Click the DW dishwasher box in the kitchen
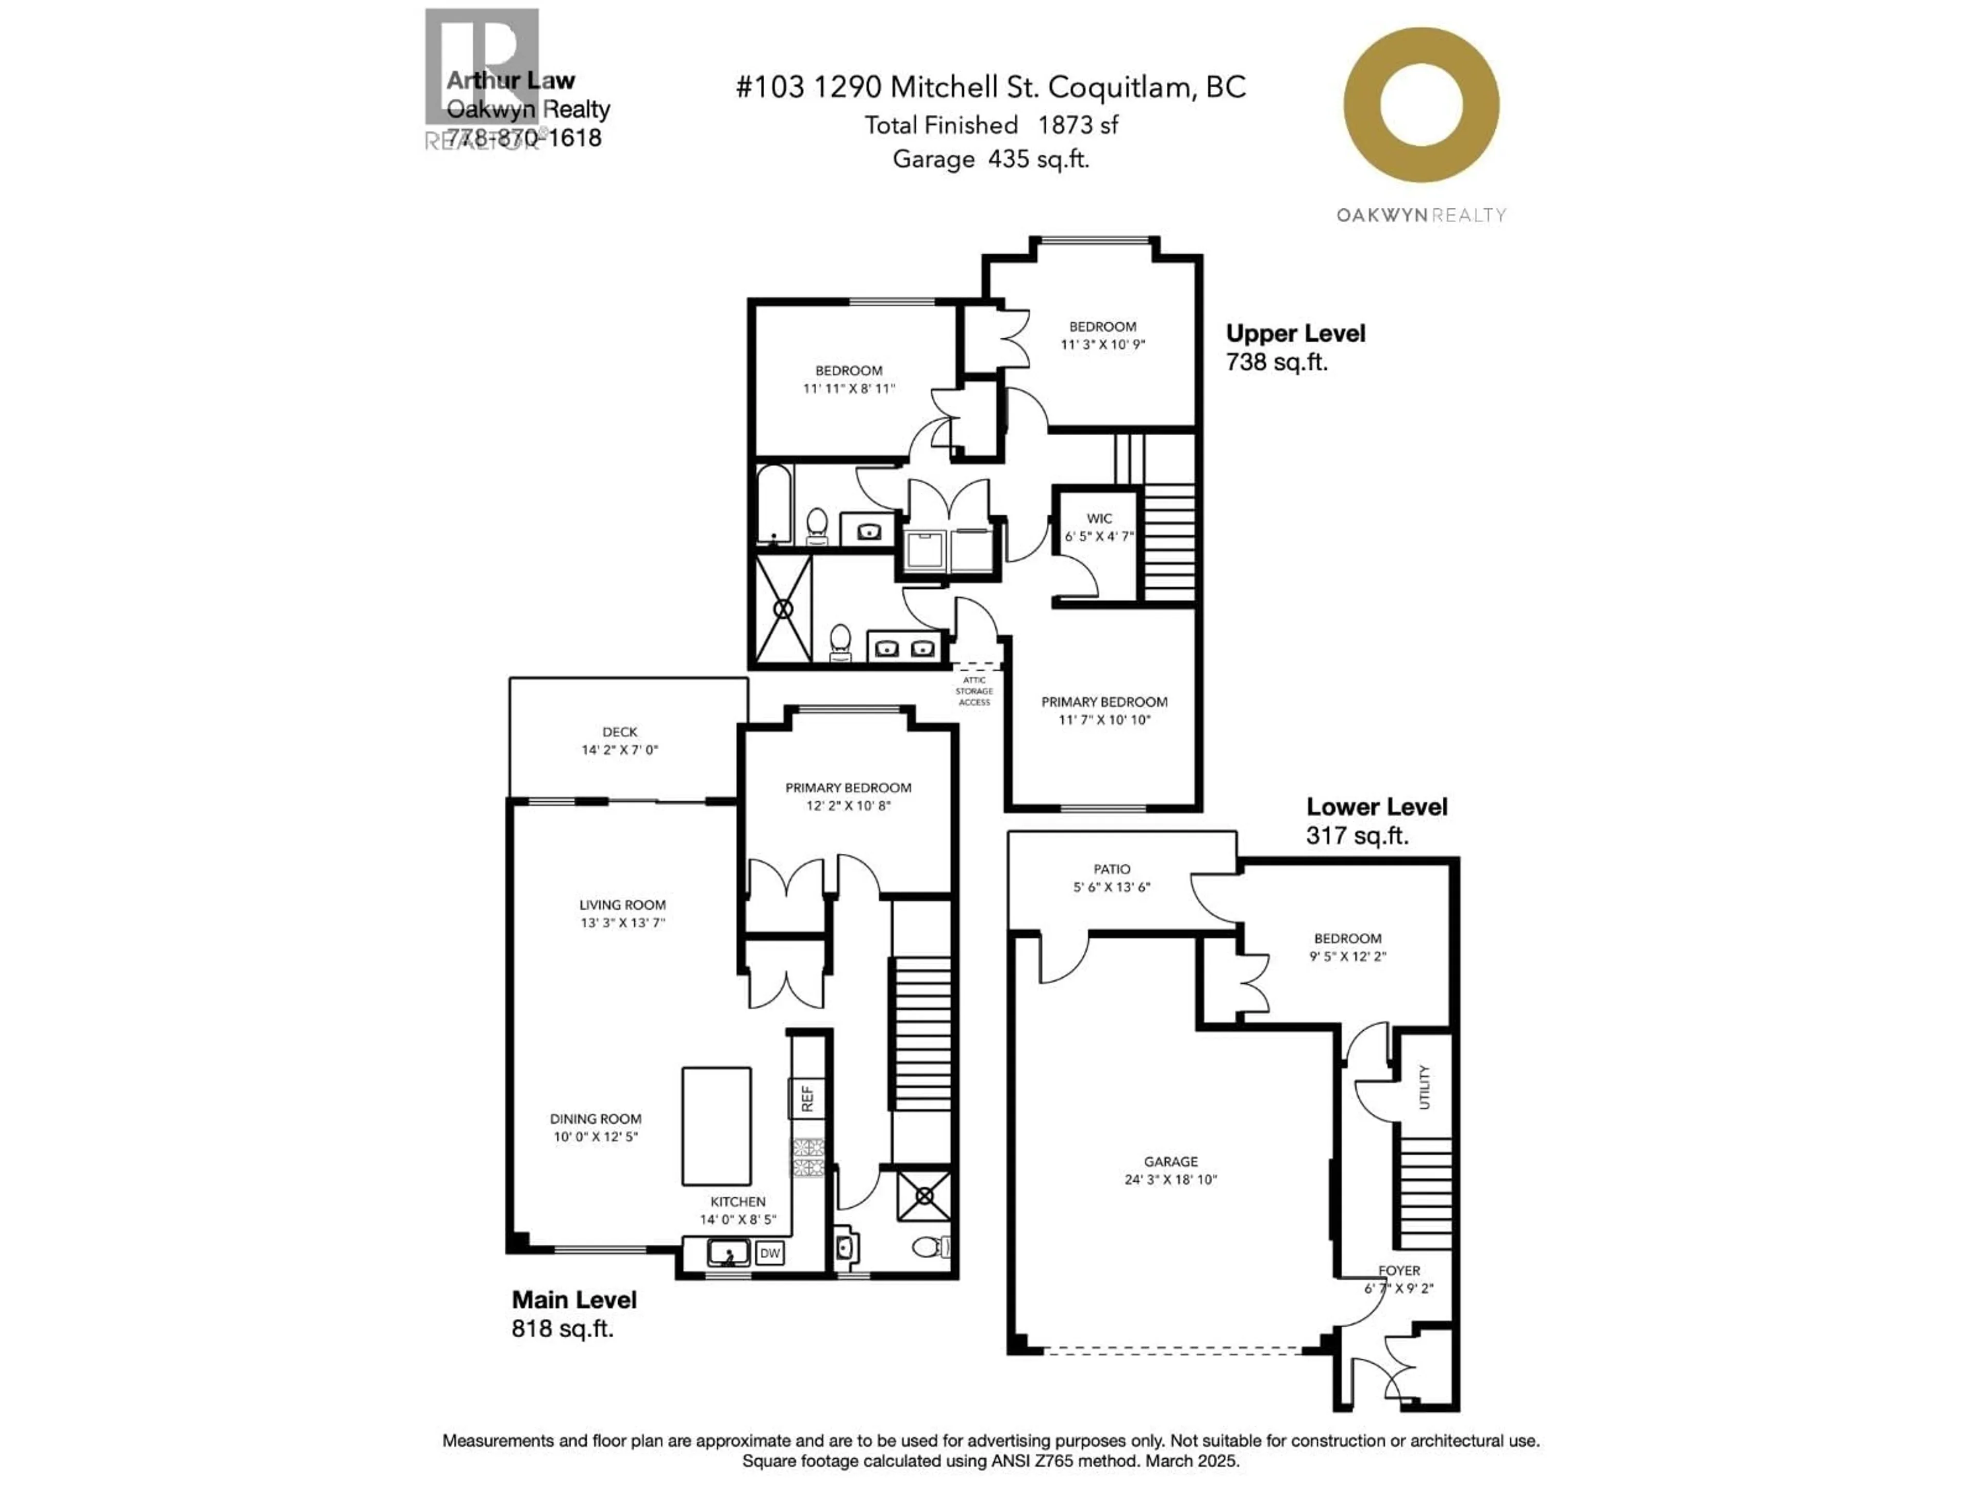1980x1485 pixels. tap(770, 1253)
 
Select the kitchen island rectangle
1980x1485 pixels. tap(716, 1126)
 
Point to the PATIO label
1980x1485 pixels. tap(1112, 869)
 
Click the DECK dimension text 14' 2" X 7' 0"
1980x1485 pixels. tap(619, 750)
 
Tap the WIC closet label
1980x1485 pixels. tap(1099, 518)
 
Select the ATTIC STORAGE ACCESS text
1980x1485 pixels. tap(974, 691)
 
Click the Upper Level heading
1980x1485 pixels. tap(1295, 334)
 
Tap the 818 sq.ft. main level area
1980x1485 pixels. tap(562, 1328)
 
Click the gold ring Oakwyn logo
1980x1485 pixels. tap(1422, 105)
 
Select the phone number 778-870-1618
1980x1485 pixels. tap(524, 138)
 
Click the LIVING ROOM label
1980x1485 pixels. tap(622, 905)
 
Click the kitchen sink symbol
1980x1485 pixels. tap(728, 1253)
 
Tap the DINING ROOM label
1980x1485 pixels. tap(595, 1119)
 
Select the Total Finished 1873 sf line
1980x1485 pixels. tap(991, 125)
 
